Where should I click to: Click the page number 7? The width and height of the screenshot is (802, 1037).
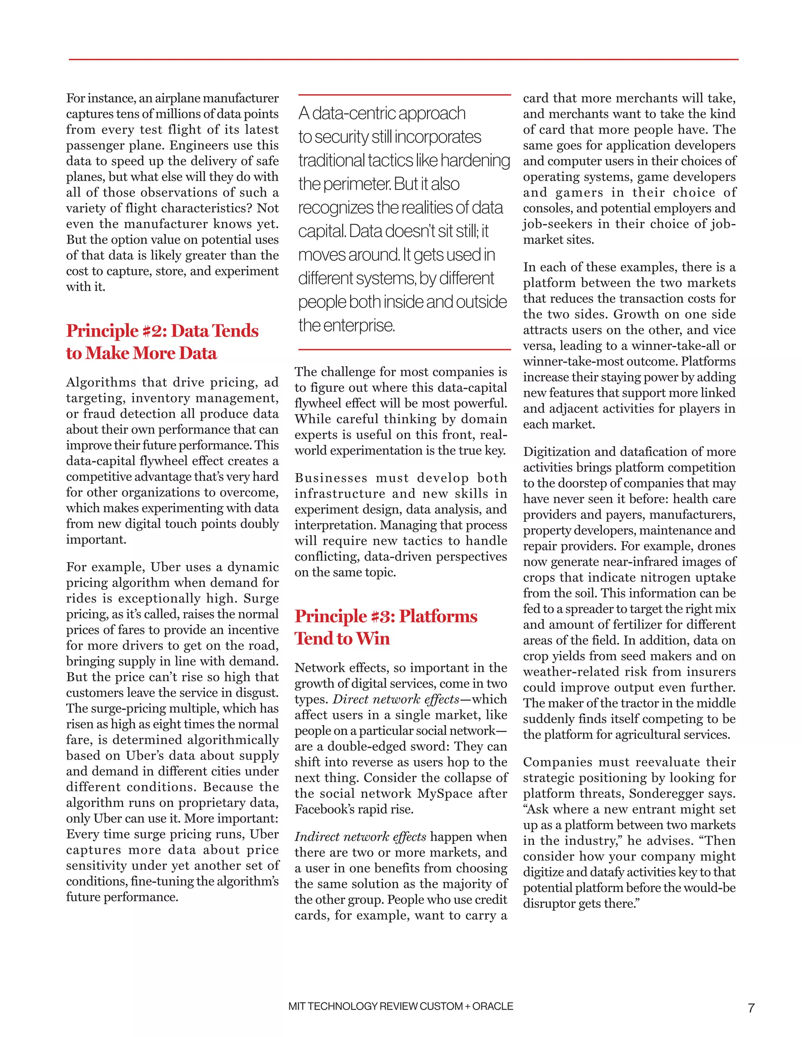751,1008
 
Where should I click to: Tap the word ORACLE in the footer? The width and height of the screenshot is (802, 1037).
493,1006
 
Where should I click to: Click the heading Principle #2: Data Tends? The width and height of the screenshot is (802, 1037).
162,331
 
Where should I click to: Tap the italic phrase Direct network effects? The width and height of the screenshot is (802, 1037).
396,699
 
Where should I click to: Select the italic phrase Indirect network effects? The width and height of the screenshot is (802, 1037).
360,837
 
